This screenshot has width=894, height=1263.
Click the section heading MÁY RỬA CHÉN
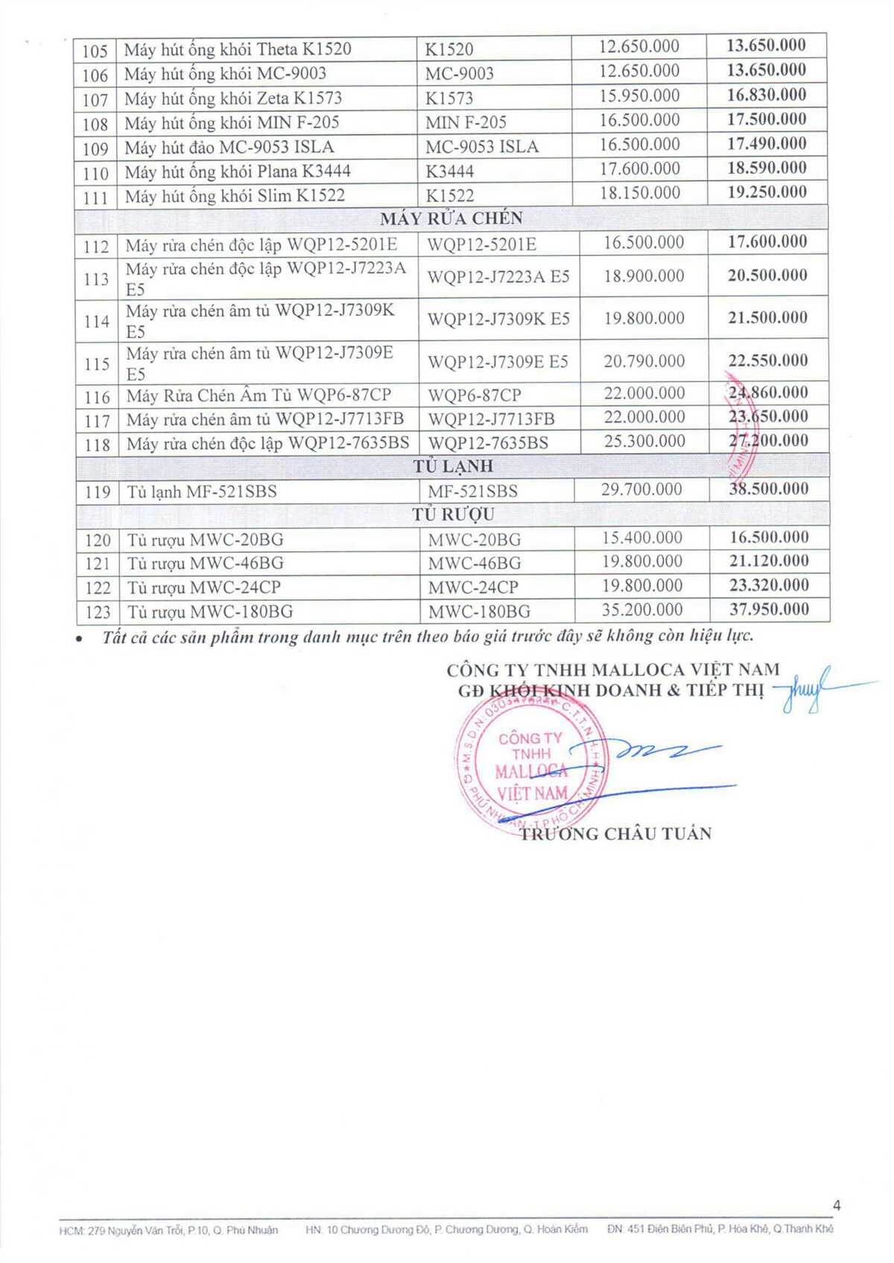point(451,218)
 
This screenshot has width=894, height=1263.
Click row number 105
point(95,51)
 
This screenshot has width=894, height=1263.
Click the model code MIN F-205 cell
point(466,122)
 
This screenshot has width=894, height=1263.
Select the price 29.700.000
point(641,489)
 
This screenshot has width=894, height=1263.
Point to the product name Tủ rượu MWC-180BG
point(210,612)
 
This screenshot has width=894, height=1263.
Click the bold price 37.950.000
point(769,610)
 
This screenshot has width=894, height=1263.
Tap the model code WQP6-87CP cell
point(475,395)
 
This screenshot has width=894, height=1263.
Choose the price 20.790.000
point(644,361)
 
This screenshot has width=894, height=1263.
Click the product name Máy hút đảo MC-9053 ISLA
point(229,147)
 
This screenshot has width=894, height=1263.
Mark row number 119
point(98,492)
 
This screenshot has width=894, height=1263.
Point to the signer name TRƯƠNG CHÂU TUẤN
point(615,834)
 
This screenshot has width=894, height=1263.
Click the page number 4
point(837,1206)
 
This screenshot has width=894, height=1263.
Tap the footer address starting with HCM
point(168,1230)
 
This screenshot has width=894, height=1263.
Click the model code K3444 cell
point(449,171)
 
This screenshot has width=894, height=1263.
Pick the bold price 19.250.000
point(767,192)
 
